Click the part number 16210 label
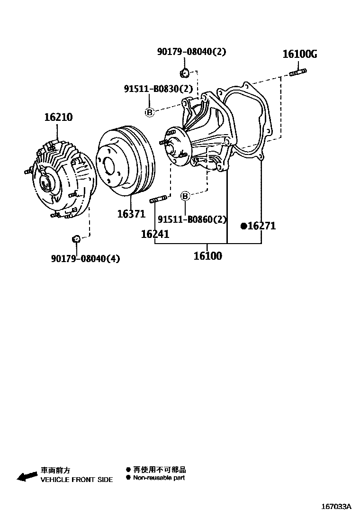(58, 117)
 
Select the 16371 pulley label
(131, 214)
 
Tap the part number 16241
(155, 234)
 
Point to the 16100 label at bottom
(207, 256)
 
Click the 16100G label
(300, 54)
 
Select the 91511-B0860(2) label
(192, 219)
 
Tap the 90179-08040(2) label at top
(191, 52)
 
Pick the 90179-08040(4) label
(86, 258)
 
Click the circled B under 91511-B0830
(149, 112)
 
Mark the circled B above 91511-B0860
(186, 196)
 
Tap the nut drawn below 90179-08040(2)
(185, 73)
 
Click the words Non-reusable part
(159, 478)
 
